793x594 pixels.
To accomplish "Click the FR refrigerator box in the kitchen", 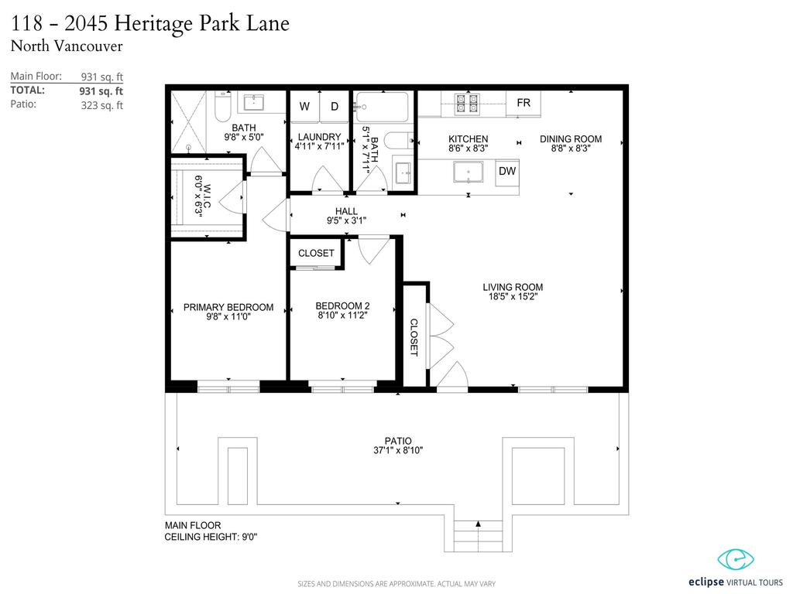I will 524,103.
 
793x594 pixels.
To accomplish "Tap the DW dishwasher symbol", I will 507,171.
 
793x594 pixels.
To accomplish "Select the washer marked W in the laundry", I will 305,107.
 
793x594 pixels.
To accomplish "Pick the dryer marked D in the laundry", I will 335,107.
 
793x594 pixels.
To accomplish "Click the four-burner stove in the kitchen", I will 467,103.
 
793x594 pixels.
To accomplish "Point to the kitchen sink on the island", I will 468,172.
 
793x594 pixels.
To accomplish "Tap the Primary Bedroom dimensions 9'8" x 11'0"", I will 228,317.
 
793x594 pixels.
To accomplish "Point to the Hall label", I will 346,211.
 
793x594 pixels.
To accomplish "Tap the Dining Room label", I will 571,139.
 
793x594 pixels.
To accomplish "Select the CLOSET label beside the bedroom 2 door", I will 316,253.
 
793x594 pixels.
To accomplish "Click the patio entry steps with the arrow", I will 478,534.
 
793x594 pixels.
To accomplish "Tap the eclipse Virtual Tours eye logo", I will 736,558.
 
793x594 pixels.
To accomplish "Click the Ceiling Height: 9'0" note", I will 211,536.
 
